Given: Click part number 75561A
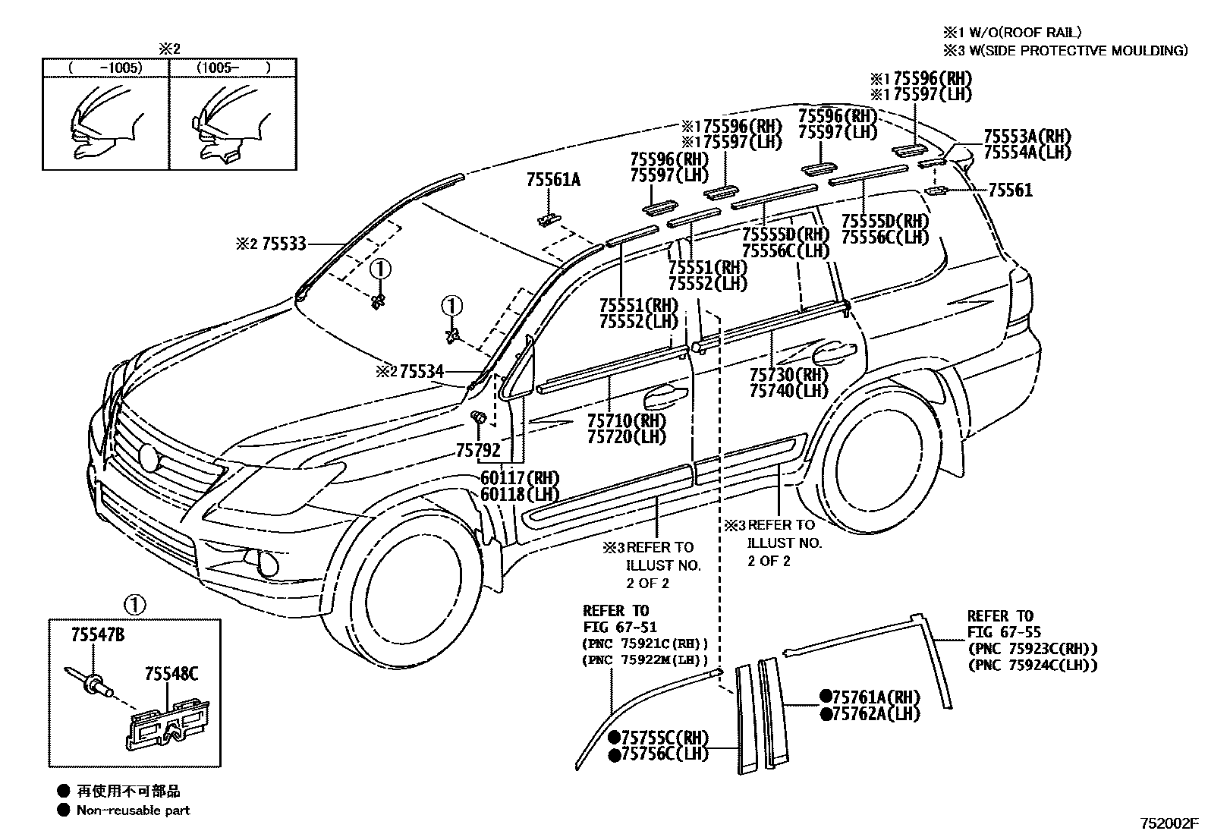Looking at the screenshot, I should click(x=552, y=180).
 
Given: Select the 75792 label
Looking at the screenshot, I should click(x=477, y=451).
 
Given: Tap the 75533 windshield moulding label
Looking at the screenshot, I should click(x=284, y=244).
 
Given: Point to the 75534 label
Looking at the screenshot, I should click(x=421, y=372).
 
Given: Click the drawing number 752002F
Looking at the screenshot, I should click(x=1168, y=823).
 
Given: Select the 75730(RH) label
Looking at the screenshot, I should click(x=788, y=375).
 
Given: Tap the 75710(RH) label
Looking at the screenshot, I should click(x=626, y=420).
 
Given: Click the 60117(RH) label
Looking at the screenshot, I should click(x=520, y=479).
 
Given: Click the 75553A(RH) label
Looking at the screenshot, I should click(x=1027, y=137).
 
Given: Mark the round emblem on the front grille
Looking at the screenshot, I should click(x=149, y=457).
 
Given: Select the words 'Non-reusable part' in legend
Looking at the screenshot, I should click(x=133, y=810).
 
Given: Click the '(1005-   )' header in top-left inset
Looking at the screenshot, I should click(x=233, y=68).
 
